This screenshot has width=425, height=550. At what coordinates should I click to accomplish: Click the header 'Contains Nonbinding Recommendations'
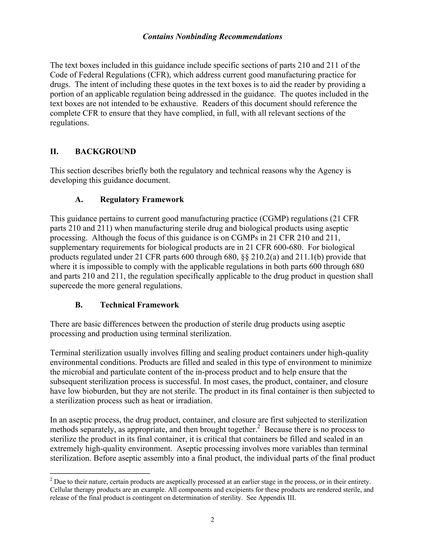(x=212, y=37)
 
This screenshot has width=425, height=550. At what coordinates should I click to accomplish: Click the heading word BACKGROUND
(x=105, y=152)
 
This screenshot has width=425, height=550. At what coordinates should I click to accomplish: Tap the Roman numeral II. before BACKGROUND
(x=54, y=152)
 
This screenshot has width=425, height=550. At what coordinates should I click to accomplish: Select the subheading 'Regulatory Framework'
(x=142, y=199)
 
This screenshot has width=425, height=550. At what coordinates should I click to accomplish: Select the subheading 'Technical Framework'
(x=139, y=305)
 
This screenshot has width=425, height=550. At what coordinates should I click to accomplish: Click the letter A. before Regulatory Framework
(x=79, y=199)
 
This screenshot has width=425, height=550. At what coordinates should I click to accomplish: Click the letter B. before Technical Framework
(x=79, y=305)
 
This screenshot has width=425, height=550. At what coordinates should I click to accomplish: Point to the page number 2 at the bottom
(x=212, y=519)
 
